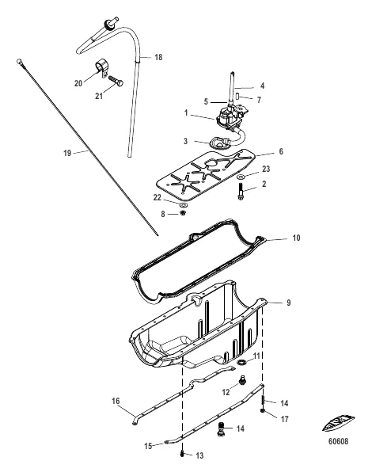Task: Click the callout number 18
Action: pos(158,57)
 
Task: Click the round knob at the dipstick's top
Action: pos(19,62)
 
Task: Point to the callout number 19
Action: pos(67,153)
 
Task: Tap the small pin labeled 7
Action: pos(238,97)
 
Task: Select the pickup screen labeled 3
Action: pos(218,143)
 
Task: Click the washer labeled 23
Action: pos(241,177)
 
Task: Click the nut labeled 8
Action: pos(183,213)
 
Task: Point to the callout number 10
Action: pos(296,238)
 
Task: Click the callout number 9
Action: pos(289,303)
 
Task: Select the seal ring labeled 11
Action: pos(242,362)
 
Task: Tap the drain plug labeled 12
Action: pos(242,379)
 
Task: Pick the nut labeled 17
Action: pos(263,411)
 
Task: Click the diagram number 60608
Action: pos(338,441)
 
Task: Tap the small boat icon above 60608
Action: pos(338,423)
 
